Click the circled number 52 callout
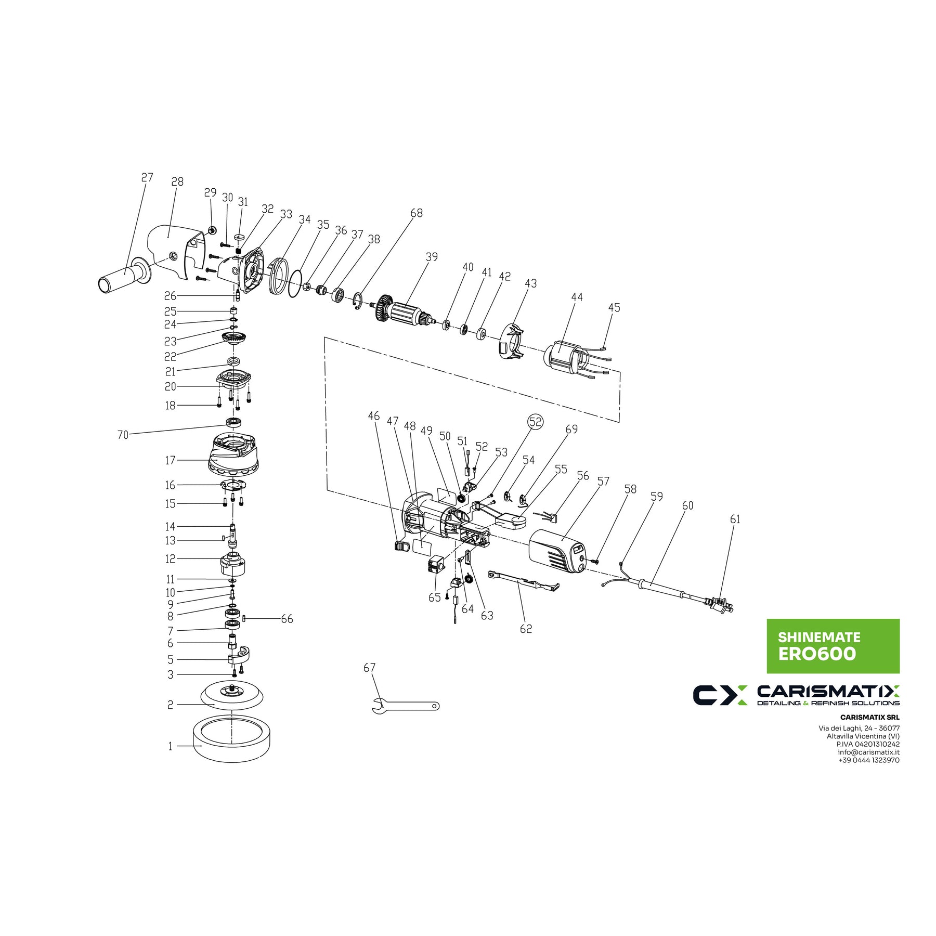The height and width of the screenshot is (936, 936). click(x=536, y=421)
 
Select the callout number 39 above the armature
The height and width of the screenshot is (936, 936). click(x=432, y=257)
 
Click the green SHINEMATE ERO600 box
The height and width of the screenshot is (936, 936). click(x=833, y=646)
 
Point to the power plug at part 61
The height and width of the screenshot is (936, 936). click(x=720, y=605)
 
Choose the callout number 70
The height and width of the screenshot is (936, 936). click(x=123, y=435)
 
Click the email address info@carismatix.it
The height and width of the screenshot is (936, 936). click(x=868, y=752)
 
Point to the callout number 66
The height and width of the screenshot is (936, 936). click(x=287, y=619)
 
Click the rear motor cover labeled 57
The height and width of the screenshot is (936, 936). click(x=556, y=551)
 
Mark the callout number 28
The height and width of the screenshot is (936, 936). click(x=177, y=181)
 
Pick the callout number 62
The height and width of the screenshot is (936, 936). click(x=526, y=629)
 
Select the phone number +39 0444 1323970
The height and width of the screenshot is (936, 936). click(x=868, y=760)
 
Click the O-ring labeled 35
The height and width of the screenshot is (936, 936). click(x=295, y=283)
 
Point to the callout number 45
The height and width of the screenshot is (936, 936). click(x=614, y=307)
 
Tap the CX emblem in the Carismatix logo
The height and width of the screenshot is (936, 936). click(x=720, y=695)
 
